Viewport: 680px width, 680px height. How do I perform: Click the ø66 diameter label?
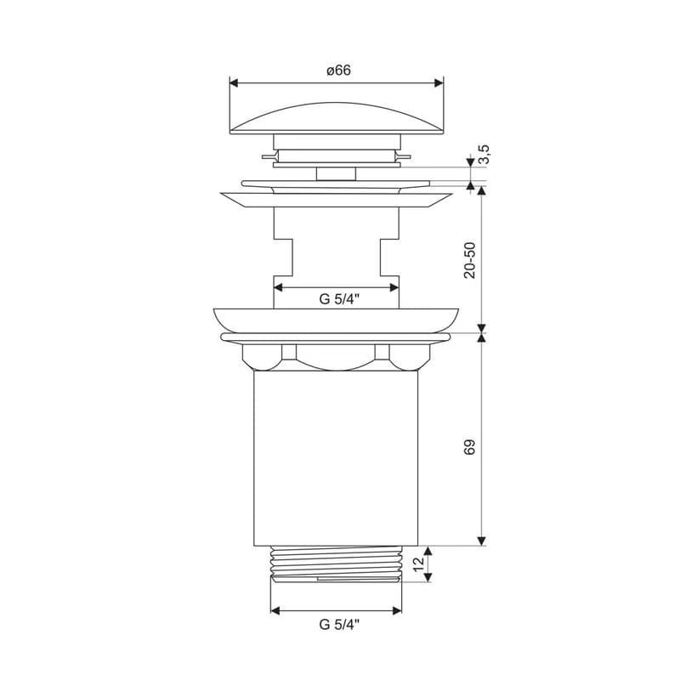tap(338, 71)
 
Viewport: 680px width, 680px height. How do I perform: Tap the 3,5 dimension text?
tap(484, 155)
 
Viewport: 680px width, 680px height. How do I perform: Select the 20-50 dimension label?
tap(470, 260)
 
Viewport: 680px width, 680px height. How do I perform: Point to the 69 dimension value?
tap(470, 447)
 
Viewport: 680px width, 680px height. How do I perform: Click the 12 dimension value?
tap(418, 564)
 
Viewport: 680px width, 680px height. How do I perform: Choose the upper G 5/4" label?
tap(339, 299)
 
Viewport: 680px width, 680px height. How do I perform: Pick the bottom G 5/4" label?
tap(339, 625)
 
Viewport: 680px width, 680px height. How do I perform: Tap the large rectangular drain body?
tap(336, 458)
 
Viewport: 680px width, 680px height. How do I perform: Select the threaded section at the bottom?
tap(336, 564)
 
